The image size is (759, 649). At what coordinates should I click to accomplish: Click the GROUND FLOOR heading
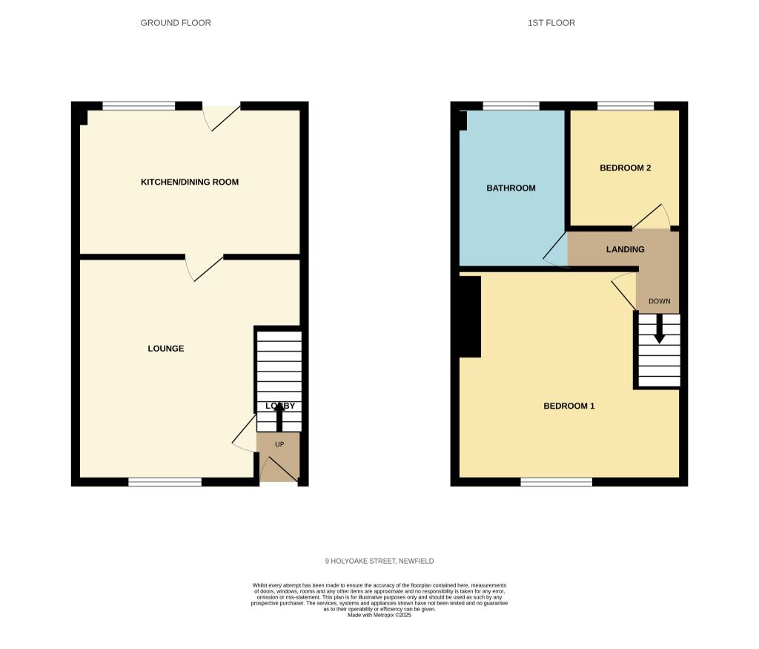coord(176,23)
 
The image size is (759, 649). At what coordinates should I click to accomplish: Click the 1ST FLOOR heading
coord(551,23)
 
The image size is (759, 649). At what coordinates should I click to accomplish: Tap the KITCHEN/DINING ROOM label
coord(190,182)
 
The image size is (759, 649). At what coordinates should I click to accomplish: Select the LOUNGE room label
coord(165,349)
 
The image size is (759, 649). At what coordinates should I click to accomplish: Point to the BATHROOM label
coord(511,188)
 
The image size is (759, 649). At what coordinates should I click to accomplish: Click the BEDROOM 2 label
coord(625,168)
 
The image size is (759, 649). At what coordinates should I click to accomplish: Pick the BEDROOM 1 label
coord(569,406)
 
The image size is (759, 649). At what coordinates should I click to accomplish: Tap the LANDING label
coord(625,250)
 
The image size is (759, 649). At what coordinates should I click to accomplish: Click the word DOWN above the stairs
coord(659,302)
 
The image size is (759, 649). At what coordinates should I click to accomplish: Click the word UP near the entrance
coord(279,445)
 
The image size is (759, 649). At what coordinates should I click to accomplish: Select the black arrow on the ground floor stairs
coord(279,416)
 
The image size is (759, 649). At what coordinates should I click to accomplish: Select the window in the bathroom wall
coord(511,106)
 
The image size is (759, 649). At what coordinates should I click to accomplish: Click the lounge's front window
coord(165,482)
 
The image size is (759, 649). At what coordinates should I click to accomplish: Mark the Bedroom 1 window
coord(556,482)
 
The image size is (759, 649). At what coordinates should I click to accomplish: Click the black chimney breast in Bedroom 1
coord(470,317)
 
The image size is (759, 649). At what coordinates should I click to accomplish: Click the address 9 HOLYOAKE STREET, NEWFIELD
coord(379,561)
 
